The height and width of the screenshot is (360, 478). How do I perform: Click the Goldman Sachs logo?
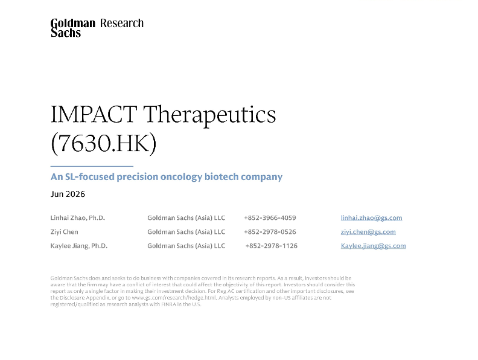73,28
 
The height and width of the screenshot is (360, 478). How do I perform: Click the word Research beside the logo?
122,23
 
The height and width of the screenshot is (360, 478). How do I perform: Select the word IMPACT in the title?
94,114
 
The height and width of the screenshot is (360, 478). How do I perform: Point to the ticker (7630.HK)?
104,143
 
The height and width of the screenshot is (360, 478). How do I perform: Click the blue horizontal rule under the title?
92,166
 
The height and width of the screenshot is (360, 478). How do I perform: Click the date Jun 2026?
68,194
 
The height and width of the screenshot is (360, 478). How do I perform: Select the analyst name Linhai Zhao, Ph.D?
78,218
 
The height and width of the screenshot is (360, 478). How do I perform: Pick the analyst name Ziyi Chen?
65,232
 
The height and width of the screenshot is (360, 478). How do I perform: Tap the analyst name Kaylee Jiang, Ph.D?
79,246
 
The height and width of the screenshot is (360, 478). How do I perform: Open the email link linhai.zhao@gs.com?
371,218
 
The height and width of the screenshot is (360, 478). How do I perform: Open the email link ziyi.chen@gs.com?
368,232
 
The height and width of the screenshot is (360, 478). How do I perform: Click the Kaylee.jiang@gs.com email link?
373,246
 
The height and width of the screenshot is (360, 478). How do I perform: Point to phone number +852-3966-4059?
270,218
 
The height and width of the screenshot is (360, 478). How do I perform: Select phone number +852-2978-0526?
270,232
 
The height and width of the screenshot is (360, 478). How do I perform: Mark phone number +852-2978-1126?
272,246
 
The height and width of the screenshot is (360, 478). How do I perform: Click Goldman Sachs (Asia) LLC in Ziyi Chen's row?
186,232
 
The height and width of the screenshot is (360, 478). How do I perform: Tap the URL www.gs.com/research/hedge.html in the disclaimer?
174,298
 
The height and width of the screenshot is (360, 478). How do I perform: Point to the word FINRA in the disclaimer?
168,304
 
